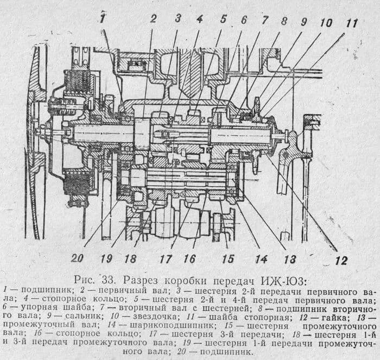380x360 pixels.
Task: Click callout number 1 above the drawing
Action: [x=102, y=18]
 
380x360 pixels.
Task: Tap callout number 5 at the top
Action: [x=223, y=18]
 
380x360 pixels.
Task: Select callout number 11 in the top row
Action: [x=352, y=23]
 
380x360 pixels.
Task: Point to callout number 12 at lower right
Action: [x=341, y=261]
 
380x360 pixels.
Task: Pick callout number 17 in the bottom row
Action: [x=165, y=258]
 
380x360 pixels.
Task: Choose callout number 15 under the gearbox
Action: [x=228, y=258]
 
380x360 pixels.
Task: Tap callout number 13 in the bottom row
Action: [x=290, y=258]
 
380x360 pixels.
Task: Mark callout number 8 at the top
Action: [x=284, y=21]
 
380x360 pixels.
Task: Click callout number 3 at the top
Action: [x=178, y=18]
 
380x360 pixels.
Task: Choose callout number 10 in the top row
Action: [x=326, y=23]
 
